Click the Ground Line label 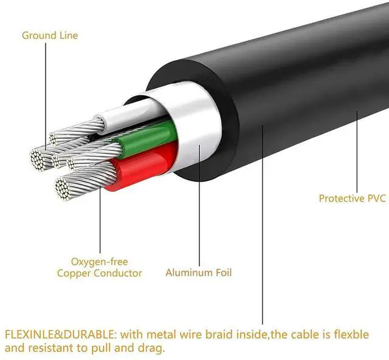[x=50, y=35]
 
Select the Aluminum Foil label [x=198, y=273]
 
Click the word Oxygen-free [x=98, y=262]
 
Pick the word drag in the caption [x=150, y=349]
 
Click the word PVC [x=376, y=198]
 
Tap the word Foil [x=221, y=273]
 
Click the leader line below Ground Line [x=45, y=91]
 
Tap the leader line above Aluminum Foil [x=200, y=212]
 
